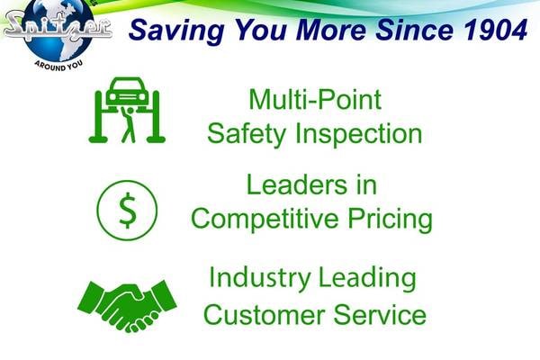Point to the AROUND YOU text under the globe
click(58, 66)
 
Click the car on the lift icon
click(125, 90)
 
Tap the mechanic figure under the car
click(128, 125)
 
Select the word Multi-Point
click(315, 100)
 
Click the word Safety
click(247, 135)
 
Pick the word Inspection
click(358, 135)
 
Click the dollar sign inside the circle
click(127, 210)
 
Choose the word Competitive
click(265, 219)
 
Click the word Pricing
click(390, 219)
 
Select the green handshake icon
click(127, 306)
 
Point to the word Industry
click(260, 278)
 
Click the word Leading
click(367, 278)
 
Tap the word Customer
click(264, 314)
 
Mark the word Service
click(380, 314)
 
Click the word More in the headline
click(331, 30)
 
